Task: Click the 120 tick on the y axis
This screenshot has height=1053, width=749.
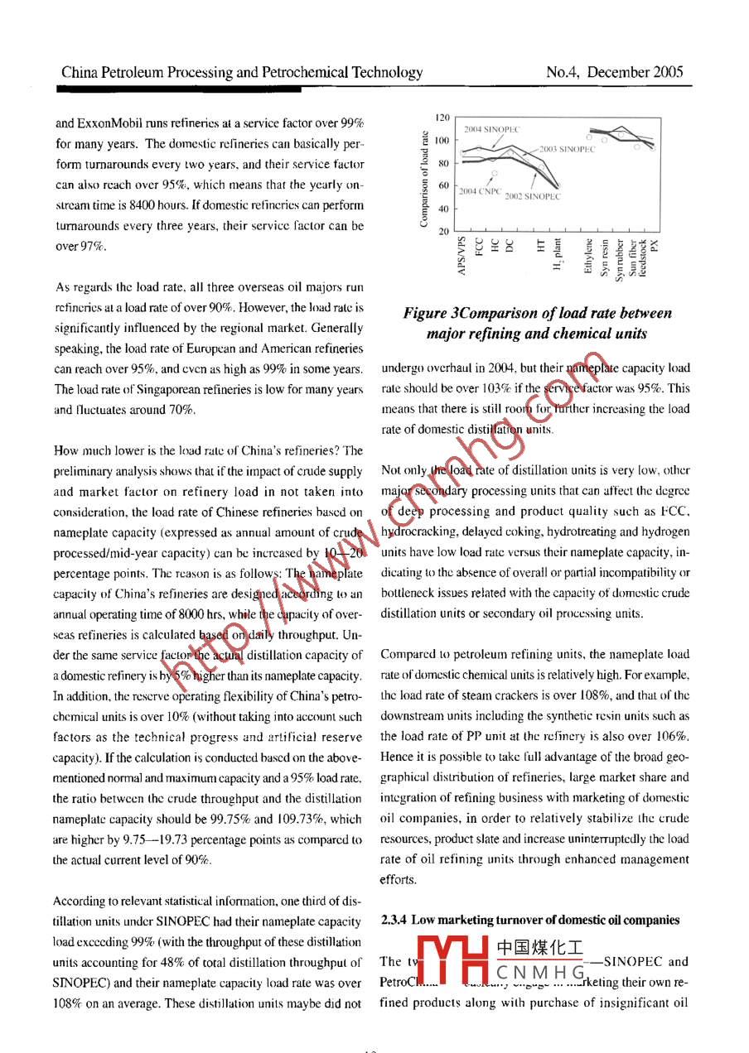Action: (x=443, y=118)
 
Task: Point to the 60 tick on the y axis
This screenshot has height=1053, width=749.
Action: (x=443, y=185)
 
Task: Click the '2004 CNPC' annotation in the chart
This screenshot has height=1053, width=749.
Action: (x=481, y=191)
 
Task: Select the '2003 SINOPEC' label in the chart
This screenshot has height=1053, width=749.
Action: (x=568, y=149)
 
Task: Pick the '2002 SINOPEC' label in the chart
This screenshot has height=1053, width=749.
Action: (x=533, y=197)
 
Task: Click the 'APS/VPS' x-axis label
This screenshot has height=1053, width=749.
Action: (x=461, y=257)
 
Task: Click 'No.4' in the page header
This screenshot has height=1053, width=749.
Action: (x=563, y=72)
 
